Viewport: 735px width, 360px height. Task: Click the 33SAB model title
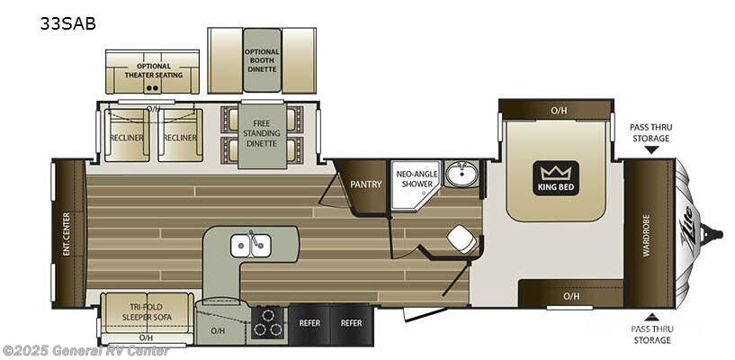click(x=68, y=23)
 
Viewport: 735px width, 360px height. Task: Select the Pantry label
click(x=366, y=184)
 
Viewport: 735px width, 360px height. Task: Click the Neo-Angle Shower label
click(x=417, y=179)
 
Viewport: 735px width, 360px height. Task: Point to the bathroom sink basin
click(x=461, y=175)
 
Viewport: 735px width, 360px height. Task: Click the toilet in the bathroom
click(x=462, y=238)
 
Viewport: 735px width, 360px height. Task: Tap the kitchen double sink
click(x=250, y=246)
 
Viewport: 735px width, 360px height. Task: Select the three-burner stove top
click(x=268, y=322)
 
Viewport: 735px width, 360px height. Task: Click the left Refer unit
click(x=309, y=323)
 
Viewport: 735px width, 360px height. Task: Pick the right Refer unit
click(x=352, y=323)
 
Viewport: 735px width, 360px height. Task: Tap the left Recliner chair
click(x=127, y=136)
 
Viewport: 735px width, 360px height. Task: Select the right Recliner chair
click(x=180, y=136)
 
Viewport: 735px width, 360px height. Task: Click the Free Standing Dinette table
click(x=262, y=136)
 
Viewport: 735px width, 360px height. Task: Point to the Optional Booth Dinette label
click(x=262, y=60)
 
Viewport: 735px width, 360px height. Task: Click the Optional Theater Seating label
click(x=153, y=70)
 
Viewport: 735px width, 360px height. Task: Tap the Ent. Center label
click(x=66, y=234)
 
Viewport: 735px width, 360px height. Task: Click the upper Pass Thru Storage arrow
click(x=651, y=150)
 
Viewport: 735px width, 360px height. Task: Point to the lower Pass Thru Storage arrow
click(x=651, y=317)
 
